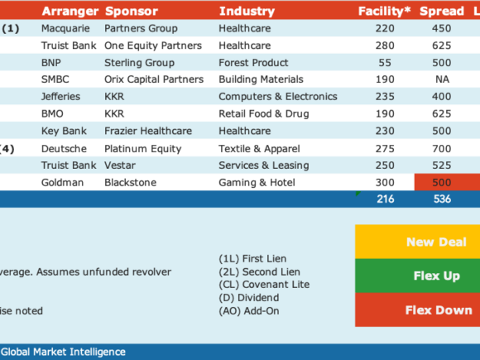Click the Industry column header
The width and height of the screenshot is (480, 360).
[x=247, y=12]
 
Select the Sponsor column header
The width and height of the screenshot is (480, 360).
[x=132, y=12]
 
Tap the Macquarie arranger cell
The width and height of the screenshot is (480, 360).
[x=65, y=28]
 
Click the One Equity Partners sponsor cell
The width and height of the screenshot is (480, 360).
[x=153, y=46]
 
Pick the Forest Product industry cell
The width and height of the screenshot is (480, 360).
[x=253, y=63]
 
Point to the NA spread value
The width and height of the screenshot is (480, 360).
[x=443, y=79]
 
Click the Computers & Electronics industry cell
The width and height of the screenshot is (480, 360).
[x=278, y=97]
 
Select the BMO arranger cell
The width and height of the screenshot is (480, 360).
[x=52, y=114]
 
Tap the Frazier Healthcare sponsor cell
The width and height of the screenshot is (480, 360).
[x=148, y=131]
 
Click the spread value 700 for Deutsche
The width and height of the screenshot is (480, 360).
[x=441, y=149]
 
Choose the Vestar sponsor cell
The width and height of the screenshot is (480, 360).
[x=120, y=166]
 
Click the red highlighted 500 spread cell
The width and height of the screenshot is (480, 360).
[x=447, y=182]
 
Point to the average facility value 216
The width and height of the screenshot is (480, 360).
[x=386, y=199]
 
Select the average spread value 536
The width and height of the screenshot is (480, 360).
[x=442, y=199]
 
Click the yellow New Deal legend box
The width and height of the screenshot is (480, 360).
[x=418, y=242]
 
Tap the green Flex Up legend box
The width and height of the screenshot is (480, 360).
[x=418, y=276]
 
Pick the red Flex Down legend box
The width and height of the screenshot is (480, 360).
[x=418, y=310]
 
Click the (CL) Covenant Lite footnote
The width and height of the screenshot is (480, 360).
[x=264, y=285]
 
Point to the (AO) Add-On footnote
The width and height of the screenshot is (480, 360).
[x=249, y=311]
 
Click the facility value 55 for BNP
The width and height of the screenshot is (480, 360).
[x=385, y=63]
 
